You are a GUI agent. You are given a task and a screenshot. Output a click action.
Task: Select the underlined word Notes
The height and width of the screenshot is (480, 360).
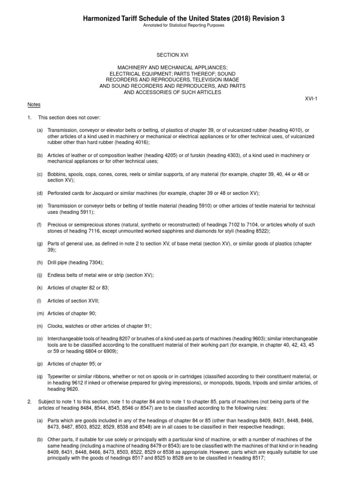click(34, 105)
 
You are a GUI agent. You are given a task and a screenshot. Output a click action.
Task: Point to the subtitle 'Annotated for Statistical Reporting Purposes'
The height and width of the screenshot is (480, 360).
click(184, 25)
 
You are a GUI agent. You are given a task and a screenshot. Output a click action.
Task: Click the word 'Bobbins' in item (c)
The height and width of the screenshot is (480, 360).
click(56, 174)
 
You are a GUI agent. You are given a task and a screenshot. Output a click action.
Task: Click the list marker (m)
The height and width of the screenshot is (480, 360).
click(41, 313)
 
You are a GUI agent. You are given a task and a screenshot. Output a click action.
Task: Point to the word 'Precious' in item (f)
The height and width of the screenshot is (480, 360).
click(57, 225)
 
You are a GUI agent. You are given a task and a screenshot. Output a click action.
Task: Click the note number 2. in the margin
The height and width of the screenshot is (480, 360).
click(29, 402)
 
